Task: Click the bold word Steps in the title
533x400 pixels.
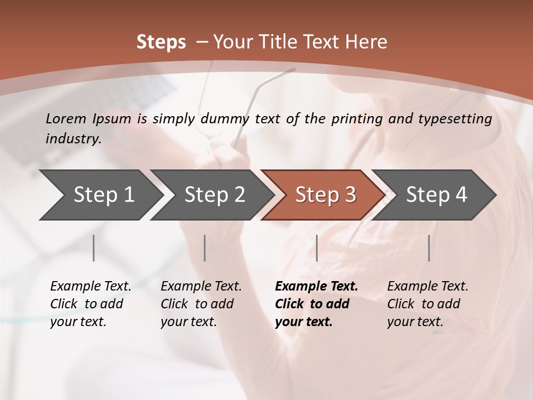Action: click(161, 42)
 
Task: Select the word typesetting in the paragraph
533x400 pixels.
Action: click(454, 119)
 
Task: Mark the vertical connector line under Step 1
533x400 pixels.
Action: click(94, 248)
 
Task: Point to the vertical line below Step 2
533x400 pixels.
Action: click(205, 248)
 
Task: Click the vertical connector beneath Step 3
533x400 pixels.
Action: click(316, 248)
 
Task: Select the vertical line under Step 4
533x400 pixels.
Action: click(429, 248)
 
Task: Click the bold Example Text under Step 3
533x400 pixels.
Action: click(316, 287)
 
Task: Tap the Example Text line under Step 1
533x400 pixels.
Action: click(90, 287)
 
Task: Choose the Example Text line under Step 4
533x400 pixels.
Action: click(428, 287)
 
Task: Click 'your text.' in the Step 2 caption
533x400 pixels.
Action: click(189, 322)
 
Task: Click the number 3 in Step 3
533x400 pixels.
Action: click(350, 194)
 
